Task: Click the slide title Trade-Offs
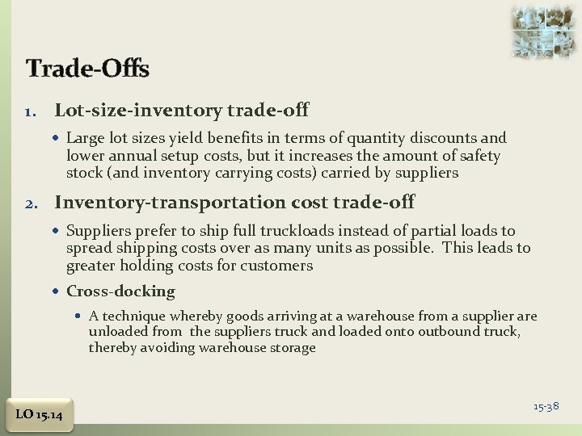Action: point(87,69)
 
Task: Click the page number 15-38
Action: point(546,406)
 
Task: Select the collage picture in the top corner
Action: point(544,31)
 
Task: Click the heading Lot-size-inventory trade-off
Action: point(181,108)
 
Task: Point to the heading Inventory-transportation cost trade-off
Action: point(234,203)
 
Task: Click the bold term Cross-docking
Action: point(120,291)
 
